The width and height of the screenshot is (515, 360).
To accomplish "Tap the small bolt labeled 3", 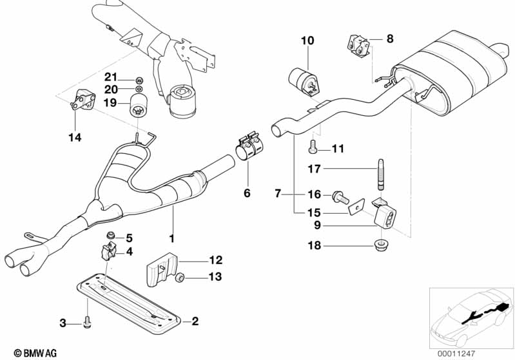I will click(87, 321).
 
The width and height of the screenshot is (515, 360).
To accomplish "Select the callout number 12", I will click(215, 260).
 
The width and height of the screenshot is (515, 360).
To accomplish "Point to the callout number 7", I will click(278, 193).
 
